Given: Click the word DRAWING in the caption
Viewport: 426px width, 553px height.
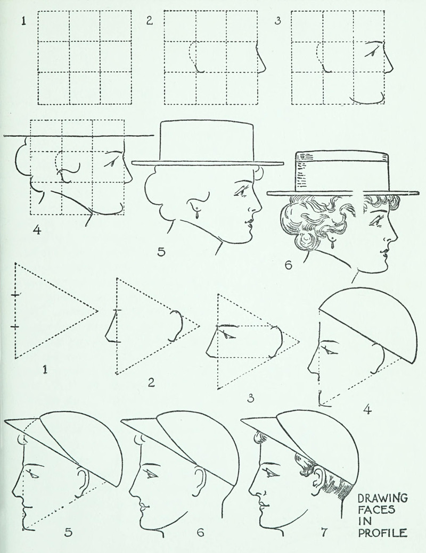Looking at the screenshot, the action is (382, 498).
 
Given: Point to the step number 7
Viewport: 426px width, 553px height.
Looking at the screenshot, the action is (324, 532).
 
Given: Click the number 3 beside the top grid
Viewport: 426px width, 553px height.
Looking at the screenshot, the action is (278, 21).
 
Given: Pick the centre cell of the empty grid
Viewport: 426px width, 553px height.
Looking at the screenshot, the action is (84, 57).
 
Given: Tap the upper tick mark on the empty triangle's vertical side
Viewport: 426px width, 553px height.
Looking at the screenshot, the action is (16, 294).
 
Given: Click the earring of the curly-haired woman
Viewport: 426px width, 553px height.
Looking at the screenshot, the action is (332, 243).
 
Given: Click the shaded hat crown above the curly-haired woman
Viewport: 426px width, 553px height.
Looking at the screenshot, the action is (341, 171).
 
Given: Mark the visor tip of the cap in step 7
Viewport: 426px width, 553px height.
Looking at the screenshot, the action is (241, 420).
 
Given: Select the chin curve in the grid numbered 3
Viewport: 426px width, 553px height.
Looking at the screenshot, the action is (367, 99).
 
